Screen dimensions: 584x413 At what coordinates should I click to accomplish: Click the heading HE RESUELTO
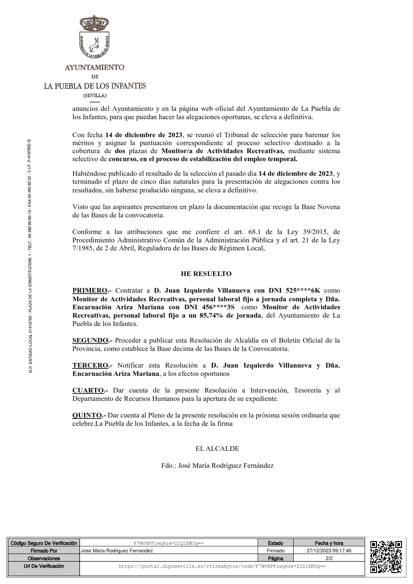coord(206,274)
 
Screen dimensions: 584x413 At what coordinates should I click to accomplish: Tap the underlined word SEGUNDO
coord(90,340)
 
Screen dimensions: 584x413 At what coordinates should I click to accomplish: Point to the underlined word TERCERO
coord(90,365)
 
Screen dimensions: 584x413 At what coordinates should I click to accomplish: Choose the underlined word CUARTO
coord(88,390)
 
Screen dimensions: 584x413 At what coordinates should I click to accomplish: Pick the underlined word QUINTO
coord(87,415)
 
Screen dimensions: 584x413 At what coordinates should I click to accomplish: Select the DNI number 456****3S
coord(218,307)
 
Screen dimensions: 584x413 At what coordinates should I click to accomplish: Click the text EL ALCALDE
coord(217,448)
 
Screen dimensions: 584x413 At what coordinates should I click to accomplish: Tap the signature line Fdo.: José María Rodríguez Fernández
coord(217,465)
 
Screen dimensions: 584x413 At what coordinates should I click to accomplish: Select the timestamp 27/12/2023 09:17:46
coord(329,551)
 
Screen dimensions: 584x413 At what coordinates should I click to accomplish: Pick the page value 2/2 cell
coord(329,558)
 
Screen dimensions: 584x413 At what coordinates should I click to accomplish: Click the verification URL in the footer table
coord(222,566)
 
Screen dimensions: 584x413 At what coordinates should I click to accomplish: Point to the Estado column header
coord(275,543)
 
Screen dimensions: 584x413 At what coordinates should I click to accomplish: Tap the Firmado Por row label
coord(44,551)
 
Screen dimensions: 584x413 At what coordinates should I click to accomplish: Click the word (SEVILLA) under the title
coord(95,96)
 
